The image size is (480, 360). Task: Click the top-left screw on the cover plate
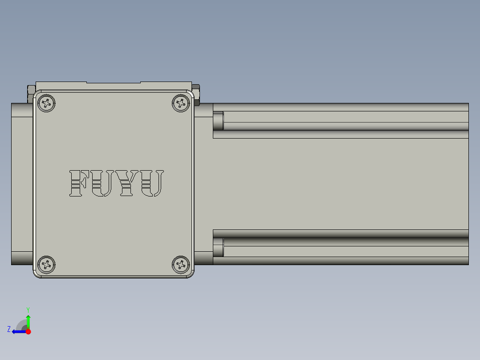pyautogui.click(x=46, y=103)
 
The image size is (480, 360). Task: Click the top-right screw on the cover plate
pyautogui.click(x=181, y=103)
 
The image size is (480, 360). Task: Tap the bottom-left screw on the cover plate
pyautogui.click(x=46, y=265)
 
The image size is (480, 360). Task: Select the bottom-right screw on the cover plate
pyautogui.click(x=181, y=265)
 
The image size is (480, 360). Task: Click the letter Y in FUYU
pyautogui.click(x=128, y=183)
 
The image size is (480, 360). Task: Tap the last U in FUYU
pyautogui.click(x=152, y=183)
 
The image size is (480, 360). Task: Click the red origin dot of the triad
pyautogui.click(x=28, y=331)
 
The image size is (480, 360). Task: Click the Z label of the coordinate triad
pyautogui.click(x=9, y=329)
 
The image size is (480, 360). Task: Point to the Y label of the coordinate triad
pyautogui.click(x=28, y=309)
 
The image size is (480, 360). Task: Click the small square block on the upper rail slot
pyautogui.click(x=218, y=121)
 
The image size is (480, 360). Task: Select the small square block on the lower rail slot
pyautogui.click(x=218, y=248)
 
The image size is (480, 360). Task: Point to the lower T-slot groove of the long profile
pyautogui.click(x=345, y=241)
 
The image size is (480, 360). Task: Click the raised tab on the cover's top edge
pyautogui.click(x=114, y=82)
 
